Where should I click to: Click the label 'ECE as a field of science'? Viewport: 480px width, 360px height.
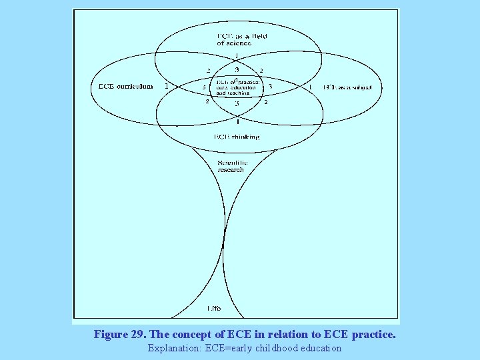(x=241, y=39)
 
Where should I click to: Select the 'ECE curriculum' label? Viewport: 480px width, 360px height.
(x=125, y=86)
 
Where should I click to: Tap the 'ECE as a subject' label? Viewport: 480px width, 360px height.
(x=352, y=87)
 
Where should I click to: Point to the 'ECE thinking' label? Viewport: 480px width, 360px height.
(x=237, y=137)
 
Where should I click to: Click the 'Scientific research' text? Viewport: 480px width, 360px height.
(x=232, y=166)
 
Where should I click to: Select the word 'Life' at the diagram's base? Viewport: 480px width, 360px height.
(x=213, y=309)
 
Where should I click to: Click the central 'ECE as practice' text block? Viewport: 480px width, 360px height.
(x=234, y=87)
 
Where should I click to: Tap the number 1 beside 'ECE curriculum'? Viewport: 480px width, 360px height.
(x=166, y=86)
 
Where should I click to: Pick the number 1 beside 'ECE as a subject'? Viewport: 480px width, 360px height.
(x=310, y=87)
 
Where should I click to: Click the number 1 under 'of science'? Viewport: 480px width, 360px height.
(x=237, y=56)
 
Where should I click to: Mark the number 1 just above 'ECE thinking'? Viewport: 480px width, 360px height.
(x=238, y=121)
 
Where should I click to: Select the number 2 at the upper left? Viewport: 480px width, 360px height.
(x=208, y=70)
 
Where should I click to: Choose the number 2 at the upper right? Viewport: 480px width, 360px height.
(x=261, y=70)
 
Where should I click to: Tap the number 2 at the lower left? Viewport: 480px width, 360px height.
(x=207, y=101)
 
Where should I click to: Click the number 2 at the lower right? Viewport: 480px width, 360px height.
(x=266, y=102)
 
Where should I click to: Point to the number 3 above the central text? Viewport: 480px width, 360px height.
(x=237, y=69)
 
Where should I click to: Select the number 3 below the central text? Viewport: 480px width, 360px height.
(x=237, y=104)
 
